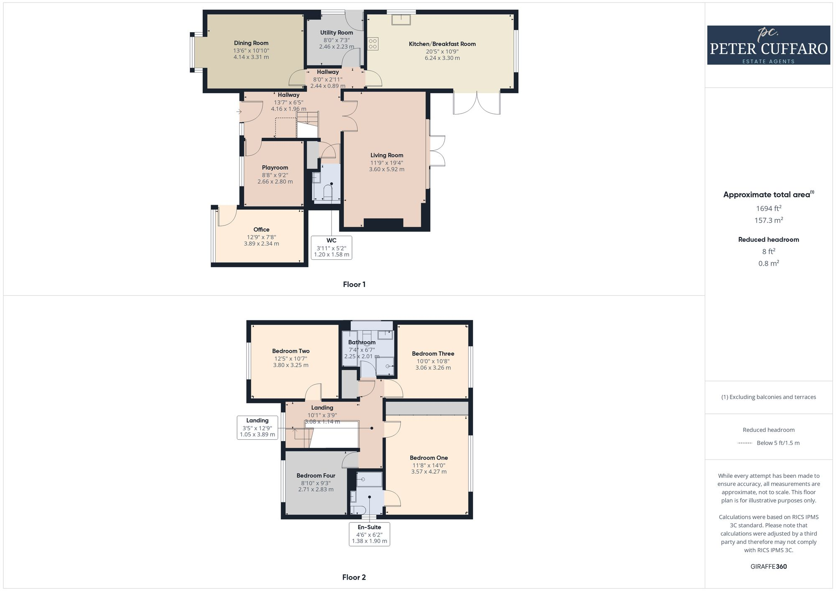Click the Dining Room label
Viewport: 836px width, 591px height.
click(251, 43)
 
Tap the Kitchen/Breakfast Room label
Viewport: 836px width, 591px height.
click(442, 44)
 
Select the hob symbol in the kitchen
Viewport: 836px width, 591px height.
click(373, 44)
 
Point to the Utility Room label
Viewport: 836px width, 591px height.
click(336, 33)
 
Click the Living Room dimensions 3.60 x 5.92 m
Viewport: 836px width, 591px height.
click(387, 170)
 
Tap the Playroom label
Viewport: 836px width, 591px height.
click(275, 167)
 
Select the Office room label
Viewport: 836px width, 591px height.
click(261, 229)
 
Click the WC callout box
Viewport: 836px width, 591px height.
click(331, 248)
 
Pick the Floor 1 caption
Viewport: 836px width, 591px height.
click(354, 284)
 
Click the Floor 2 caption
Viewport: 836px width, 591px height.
click(354, 577)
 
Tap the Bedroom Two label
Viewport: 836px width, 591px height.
click(291, 351)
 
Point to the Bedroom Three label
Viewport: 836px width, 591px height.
click(433, 354)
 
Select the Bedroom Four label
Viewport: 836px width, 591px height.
click(316, 475)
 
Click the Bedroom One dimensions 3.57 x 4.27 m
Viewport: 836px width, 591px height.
click(429, 472)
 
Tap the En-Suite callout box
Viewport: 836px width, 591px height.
click(370, 534)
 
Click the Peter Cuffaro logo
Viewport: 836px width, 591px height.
click(768, 45)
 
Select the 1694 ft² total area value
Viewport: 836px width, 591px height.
click(768, 208)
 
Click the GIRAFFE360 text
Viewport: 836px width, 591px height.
click(768, 567)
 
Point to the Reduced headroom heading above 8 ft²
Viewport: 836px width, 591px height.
click(768, 240)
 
